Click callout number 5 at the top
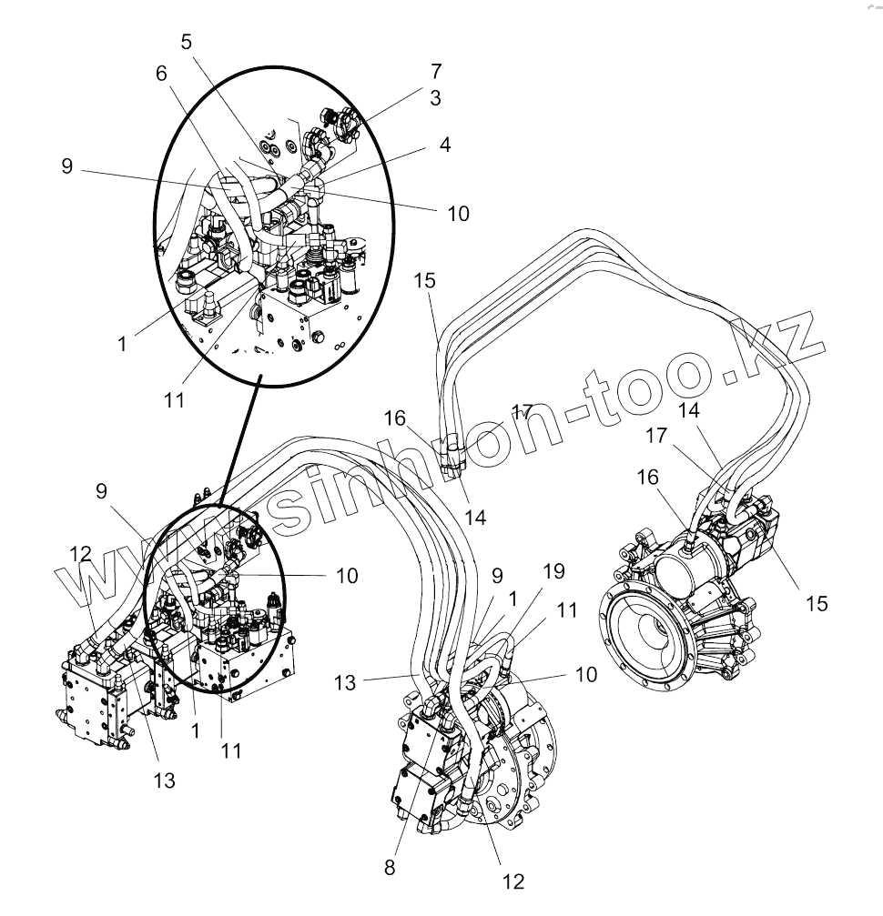coord(186,42)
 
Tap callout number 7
coord(436,71)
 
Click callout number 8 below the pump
coord(390,867)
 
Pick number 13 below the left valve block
coord(164,779)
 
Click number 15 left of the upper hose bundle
coord(426,280)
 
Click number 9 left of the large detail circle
coord(66,167)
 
